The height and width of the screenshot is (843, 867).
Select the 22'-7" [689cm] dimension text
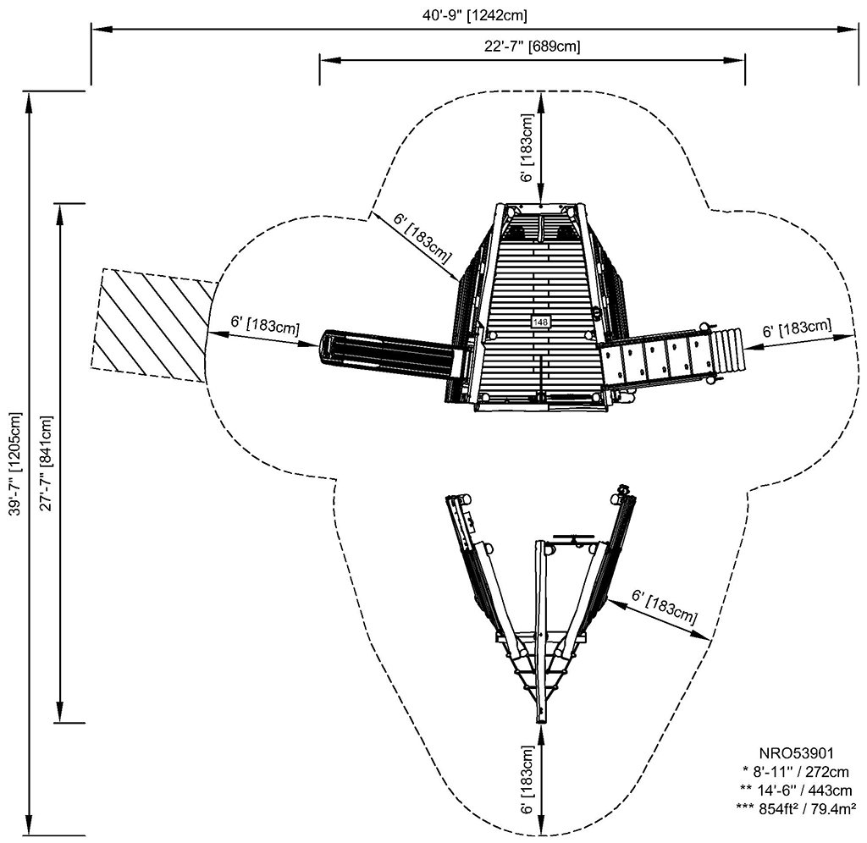point(532,47)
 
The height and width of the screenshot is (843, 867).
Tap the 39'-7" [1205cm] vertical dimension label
point(14,463)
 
